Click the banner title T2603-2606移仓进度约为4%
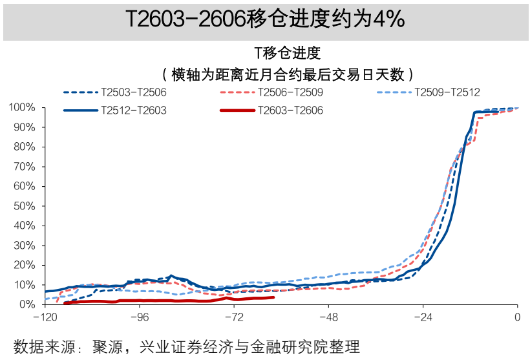(x=265, y=20)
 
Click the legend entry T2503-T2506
(x=134, y=92)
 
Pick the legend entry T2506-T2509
(x=290, y=92)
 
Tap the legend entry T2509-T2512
(x=447, y=92)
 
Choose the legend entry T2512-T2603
(x=134, y=110)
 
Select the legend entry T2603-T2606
(x=290, y=110)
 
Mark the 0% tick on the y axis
(x=27, y=304)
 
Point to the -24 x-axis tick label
(x=422, y=317)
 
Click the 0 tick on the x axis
(x=517, y=317)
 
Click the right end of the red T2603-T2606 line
(x=273, y=297)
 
